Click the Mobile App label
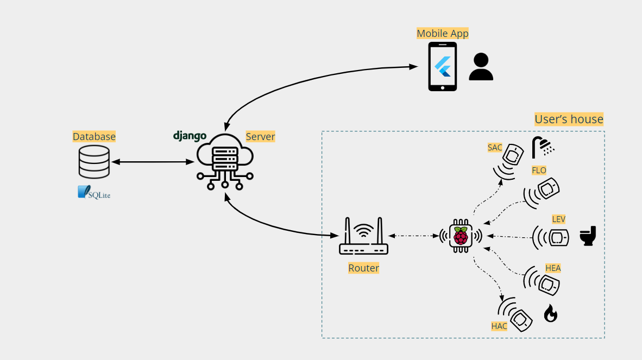[x=442, y=34]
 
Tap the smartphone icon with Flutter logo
[x=443, y=66]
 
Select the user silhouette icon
[x=481, y=67]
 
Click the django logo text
[x=190, y=136]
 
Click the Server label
[x=260, y=136]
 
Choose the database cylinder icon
[x=94, y=161]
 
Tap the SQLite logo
[x=94, y=192]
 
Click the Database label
[x=94, y=136]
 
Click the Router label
[x=363, y=268]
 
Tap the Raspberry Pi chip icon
[x=461, y=236]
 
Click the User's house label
[x=569, y=119]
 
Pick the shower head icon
[x=543, y=146]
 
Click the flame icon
[x=550, y=313]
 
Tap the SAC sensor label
[x=495, y=148]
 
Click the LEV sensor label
[x=558, y=219]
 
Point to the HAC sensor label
[x=499, y=326]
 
